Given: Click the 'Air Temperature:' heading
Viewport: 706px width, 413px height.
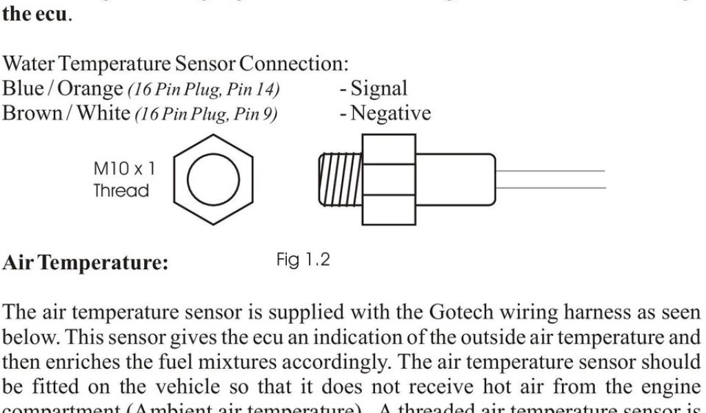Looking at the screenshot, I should [85, 264].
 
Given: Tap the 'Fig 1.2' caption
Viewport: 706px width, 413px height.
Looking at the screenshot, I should [303, 260].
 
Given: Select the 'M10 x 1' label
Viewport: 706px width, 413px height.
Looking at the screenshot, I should [124, 168].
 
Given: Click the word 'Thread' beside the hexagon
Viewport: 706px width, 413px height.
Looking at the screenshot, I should [121, 191].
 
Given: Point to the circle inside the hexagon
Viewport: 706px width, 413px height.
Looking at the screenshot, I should [213, 179].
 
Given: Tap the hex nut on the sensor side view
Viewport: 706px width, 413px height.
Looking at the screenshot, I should [389, 179].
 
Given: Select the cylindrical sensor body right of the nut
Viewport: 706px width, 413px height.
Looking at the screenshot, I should [455, 179].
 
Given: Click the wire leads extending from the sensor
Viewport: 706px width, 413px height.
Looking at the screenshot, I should [552, 179].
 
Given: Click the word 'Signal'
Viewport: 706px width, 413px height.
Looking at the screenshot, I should [379, 89].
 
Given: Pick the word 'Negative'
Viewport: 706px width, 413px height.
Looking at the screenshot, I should [390, 113].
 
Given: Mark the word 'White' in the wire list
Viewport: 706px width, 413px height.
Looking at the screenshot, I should [103, 113].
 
